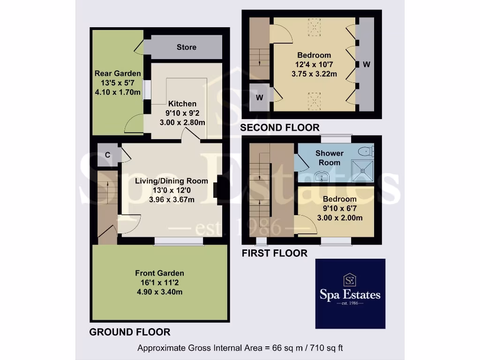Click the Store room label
pos(186,47)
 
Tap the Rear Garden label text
pos(118,74)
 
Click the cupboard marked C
pos(107,155)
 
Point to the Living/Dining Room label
pos(171,181)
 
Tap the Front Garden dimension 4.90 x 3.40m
pos(159,292)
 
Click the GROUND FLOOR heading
pos(129,332)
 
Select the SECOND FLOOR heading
pos(280,127)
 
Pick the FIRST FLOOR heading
pos(274,254)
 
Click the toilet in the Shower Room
pos(366,151)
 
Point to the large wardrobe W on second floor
pos(366,64)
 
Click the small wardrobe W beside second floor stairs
pos(259,98)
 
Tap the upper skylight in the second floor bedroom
pos(314,27)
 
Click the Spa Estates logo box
pos(350,293)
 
